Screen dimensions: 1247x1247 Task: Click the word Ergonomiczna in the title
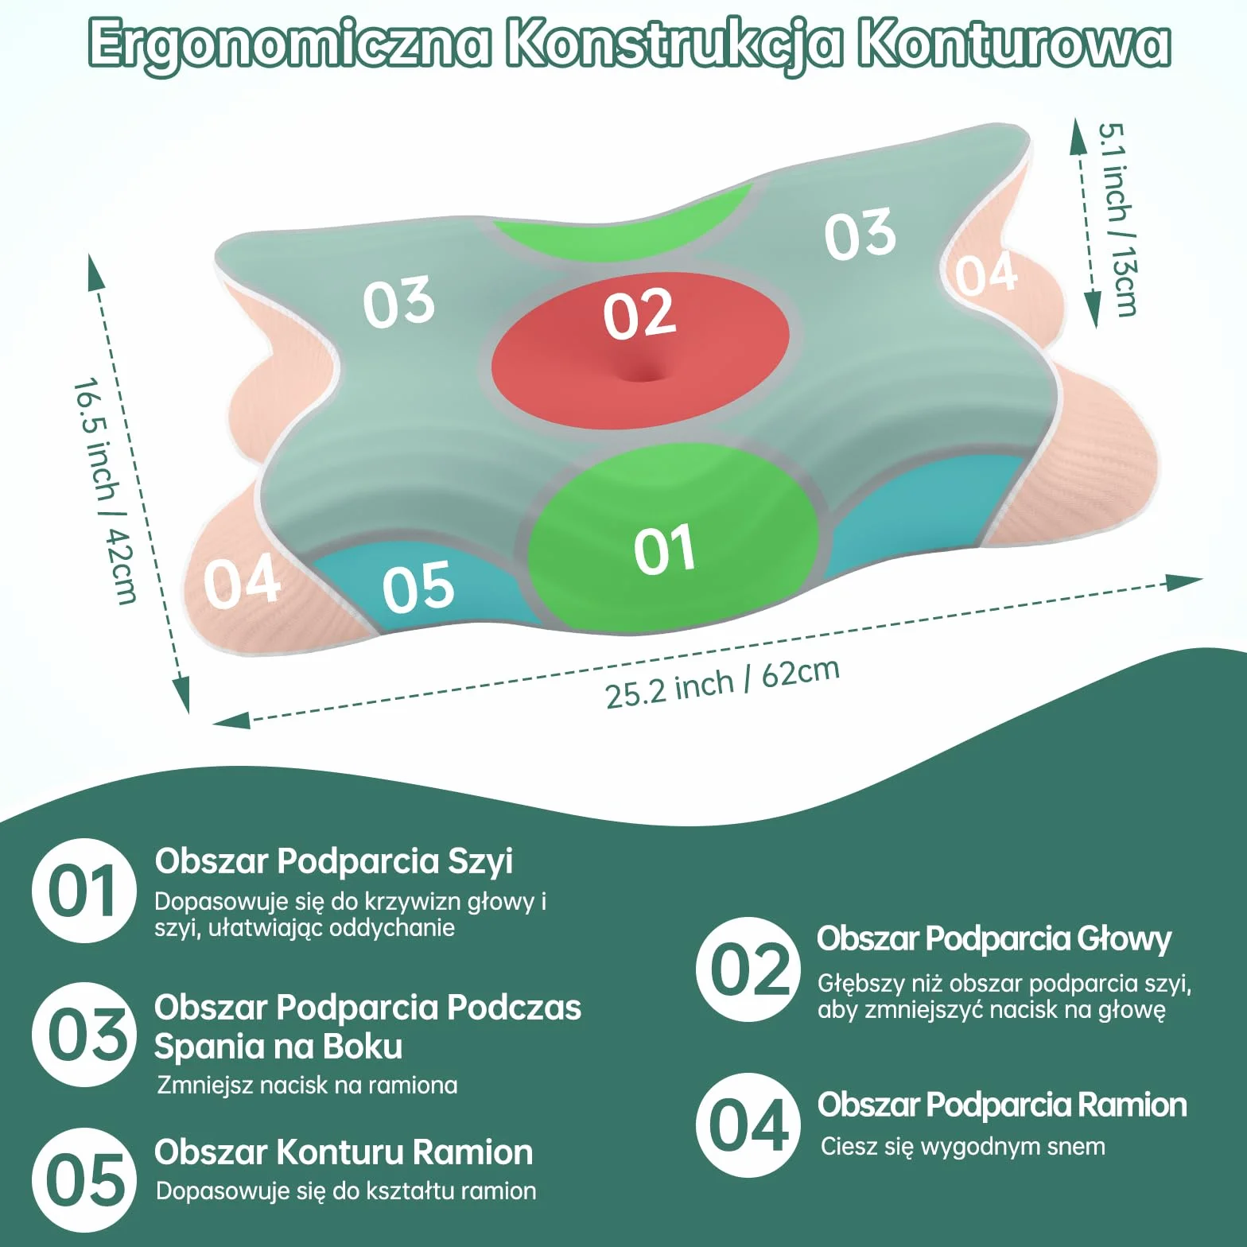click(x=289, y=45)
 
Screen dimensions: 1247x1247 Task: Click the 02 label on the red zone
click(x=639, y=315)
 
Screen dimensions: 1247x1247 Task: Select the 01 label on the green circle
click(x=665, y=550)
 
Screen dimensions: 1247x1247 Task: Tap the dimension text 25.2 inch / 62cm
click(x=722, y=683)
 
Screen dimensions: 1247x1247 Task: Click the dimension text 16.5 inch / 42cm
click(x=105, y=491)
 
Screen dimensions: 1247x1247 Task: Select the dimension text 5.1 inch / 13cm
click(x=1117, y=219)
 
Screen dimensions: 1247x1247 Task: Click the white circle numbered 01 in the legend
click(x=84, y=891)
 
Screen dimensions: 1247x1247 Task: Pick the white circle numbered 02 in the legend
click(x=748, y=969)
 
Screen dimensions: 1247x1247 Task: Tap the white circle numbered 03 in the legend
click(x=84, y=1035)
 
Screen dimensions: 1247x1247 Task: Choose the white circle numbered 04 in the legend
click(x=748, y=1125)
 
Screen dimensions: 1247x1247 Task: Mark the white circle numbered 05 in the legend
click(x=84, y=1179)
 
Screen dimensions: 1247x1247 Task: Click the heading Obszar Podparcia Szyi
click(x=334, y=861)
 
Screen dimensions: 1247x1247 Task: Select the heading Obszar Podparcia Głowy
click(x=994, y=939)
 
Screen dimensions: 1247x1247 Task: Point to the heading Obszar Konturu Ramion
click(x=344, y=1152)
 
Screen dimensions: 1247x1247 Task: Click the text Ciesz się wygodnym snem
click(x=963, y=1148)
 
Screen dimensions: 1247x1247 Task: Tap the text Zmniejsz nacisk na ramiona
click(x=307, y=1086)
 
